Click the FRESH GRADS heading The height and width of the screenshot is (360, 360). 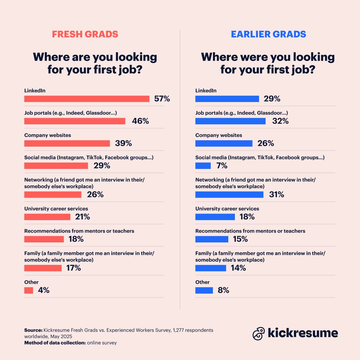pos(85,34)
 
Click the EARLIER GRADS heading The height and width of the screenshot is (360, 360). pos(268,34)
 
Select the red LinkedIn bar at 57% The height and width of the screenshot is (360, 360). pos(87,99)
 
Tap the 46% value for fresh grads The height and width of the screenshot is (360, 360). pos(140,121)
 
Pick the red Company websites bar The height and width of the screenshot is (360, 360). pos(67,143)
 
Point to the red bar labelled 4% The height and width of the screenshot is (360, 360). pos(28,290)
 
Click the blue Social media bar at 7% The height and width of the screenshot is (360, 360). pos(203,166)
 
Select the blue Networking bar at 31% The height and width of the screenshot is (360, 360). pos(229,195)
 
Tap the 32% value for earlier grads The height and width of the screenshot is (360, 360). pos(280,121)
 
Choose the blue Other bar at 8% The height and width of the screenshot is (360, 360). pos(204,290)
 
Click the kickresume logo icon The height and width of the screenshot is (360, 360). pos(259,333)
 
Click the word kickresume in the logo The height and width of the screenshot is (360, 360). pos(303,333)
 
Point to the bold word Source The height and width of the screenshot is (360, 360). pos(33,330)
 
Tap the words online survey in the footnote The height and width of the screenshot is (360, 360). pos(102,343)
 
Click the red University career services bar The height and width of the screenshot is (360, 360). pos(47,217)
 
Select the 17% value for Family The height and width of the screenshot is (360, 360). pos(73,268)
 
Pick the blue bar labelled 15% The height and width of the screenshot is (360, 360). pos(212,239)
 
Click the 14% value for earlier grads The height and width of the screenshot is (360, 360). pos(238,268)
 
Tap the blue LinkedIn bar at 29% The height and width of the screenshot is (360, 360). pos(227,99)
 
